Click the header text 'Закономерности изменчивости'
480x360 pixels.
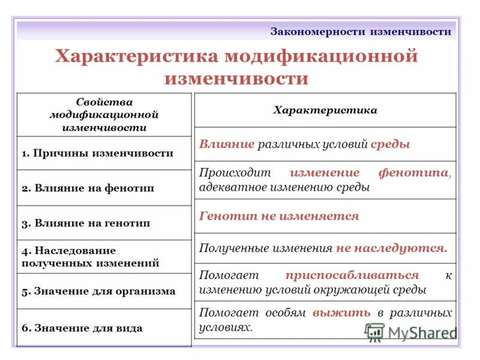(x=361, y=31)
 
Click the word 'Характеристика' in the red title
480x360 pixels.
(x=137, y=57)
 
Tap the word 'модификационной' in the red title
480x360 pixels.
(x=321, y=57)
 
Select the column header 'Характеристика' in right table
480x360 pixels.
(x=325, y=110)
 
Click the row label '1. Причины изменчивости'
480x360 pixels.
(x=97, y=153)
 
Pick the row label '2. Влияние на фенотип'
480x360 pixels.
(x=88, y=188)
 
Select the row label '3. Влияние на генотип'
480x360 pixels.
(x=86, y=223)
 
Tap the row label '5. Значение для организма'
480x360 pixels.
(x=98, y=292)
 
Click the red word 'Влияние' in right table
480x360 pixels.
(x=226, y=145)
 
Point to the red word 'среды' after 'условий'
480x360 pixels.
(x=391, y=145)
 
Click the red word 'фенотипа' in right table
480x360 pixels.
(x=413, y=173)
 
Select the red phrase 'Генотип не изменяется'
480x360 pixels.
(x=279, y=216)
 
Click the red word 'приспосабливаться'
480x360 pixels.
(x=352, y=275)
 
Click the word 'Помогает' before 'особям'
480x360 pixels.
(x=229, y=313)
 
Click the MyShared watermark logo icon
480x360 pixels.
(x=374, y=332)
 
